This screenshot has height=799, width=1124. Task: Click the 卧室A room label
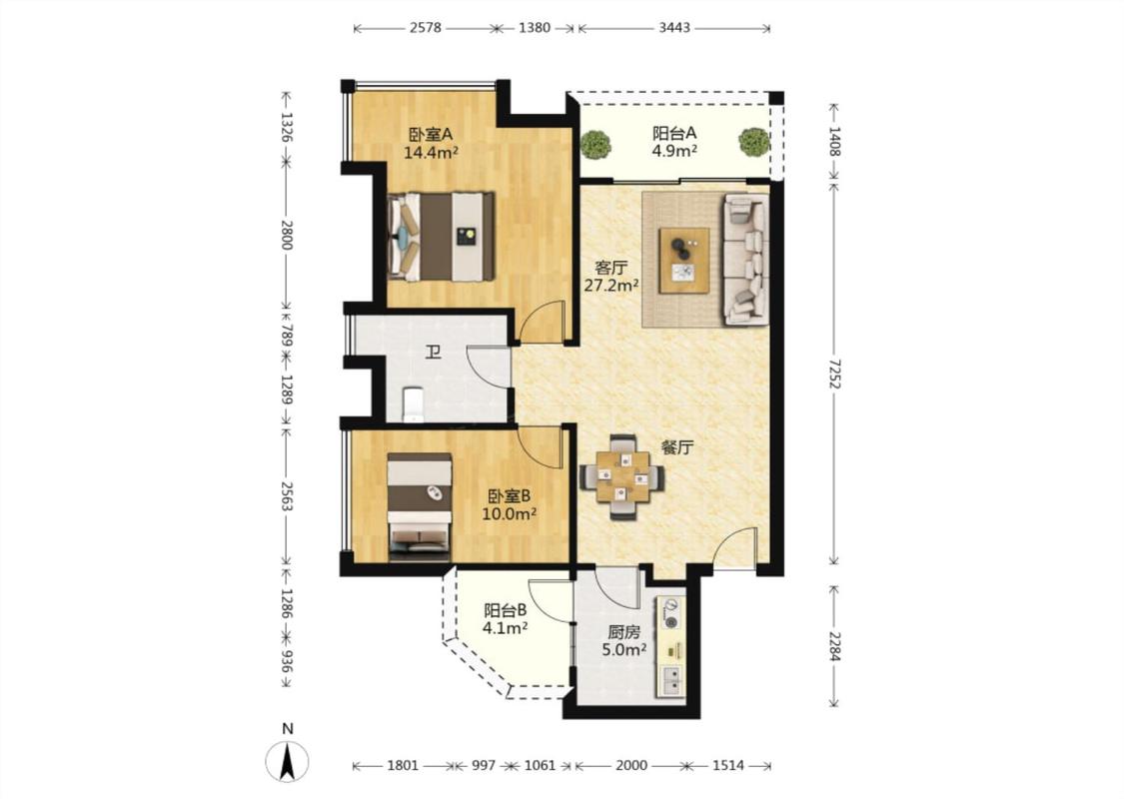click(x=431, y=134)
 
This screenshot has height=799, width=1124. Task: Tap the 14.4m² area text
click(x=431, y=152)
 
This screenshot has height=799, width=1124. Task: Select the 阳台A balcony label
click(x=674, y=133)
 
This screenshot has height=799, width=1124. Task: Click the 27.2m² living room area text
click(x=611, y=286)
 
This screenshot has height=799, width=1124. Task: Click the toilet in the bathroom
click(x=413, y=404)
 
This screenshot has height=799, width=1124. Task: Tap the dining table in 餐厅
click(x=621, y=476)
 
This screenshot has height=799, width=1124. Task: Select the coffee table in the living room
click(x=684, y=260)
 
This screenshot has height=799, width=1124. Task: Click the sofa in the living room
click(x=746, y=259)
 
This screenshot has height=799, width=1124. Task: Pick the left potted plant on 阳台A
click(x=596, y=144)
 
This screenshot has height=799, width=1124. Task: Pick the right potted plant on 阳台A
click(x=754, y=142)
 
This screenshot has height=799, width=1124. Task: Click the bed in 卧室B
click(x=420, y=506)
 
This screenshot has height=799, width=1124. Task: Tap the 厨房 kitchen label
click(x=624, y=632)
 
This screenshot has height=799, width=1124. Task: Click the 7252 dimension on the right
click(x=834, y=374)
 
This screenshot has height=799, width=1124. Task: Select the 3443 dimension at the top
click(x=673, y=28)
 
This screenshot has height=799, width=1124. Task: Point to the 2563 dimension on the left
click(x=286, y=496)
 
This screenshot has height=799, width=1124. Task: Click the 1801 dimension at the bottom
click(x=403, y=765)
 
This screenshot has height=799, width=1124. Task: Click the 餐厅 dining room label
click(x=677, y=447)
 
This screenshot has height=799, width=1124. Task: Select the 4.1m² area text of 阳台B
click(x=506, y=628)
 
